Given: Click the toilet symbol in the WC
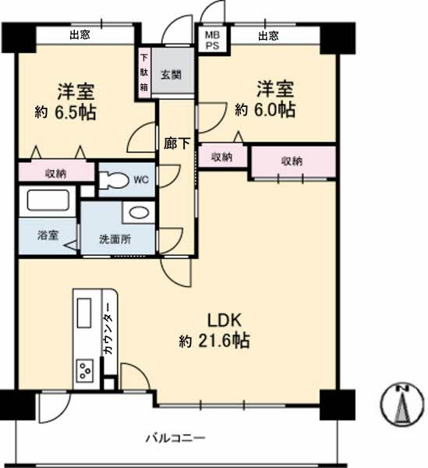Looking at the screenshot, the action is [114, 179].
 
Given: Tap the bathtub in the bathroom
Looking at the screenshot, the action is [48, 200].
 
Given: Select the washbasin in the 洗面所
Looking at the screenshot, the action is [139, 213].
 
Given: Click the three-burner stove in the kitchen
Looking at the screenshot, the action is [85, 370].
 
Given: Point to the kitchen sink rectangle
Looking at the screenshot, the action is [84, 313].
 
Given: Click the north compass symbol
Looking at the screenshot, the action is [401, 404].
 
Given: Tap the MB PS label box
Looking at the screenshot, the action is [212, 40].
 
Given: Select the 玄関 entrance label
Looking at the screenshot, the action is [171, 74].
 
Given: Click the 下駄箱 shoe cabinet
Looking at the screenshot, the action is [144, 73].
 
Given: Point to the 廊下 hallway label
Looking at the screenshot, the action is [177, 144].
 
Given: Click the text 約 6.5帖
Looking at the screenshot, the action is [65, 112].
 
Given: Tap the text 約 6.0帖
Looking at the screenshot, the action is [265, 110].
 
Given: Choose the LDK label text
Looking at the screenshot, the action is [224, 321].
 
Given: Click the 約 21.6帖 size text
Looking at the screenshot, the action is [214, 340].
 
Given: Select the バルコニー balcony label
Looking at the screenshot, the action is [175, 438].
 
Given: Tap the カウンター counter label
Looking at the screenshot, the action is [108, 328].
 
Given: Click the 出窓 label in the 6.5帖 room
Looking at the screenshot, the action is [80, 35].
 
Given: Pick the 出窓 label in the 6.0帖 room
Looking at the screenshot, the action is [268, 36].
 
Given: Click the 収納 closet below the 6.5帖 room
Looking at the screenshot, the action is [56, 172].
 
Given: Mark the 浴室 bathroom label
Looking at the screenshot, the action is [48, 236].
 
